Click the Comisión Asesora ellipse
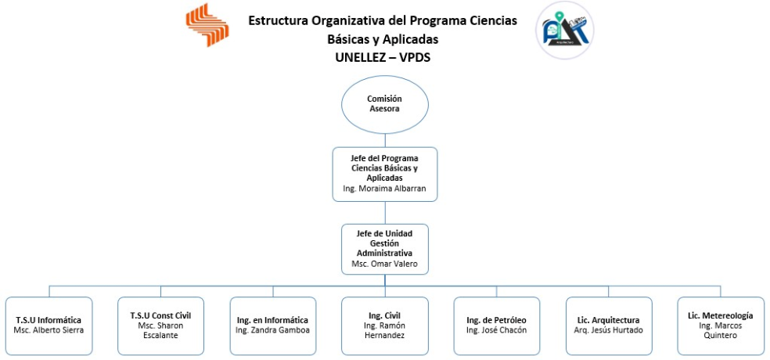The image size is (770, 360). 384,104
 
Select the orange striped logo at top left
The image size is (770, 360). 207,24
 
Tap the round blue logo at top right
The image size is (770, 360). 564,31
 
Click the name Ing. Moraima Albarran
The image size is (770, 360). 384,188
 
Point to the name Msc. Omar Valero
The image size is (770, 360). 384,263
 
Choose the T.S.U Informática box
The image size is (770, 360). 49,326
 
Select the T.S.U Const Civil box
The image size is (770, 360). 160,326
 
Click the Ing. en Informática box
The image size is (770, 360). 273,326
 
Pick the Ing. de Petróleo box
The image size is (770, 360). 496,326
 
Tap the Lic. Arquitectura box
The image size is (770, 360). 609,326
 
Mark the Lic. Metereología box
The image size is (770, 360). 721,326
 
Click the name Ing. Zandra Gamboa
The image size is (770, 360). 273,330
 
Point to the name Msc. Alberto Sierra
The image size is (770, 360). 49,330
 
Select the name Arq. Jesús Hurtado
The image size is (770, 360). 609,330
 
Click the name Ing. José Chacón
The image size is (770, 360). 496,330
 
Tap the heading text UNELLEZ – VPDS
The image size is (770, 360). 383,57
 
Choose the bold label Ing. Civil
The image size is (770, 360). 384,315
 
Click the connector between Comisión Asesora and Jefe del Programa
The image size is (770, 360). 384,140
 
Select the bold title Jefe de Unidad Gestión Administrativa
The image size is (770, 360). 384,243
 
